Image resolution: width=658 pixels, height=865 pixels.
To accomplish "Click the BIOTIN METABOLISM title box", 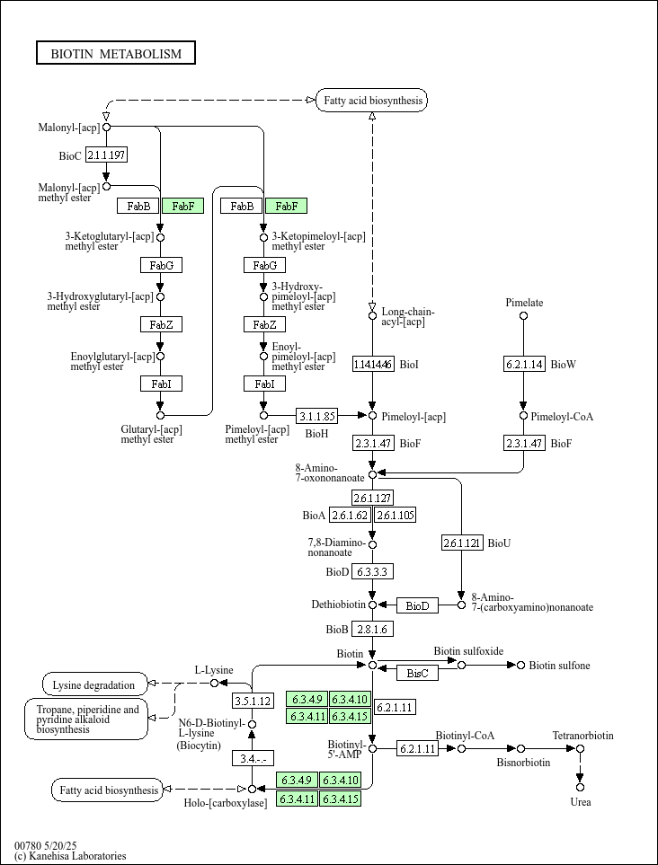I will click(x=116, y=54).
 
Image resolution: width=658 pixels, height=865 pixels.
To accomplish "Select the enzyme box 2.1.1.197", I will click(x=106, y=155).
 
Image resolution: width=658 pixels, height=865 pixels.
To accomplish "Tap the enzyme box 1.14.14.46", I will click(x=373, y=364).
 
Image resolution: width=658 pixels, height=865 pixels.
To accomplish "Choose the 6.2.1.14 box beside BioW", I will click(x=524, y=364).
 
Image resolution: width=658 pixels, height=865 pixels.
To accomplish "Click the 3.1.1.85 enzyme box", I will click(x=317, y=416).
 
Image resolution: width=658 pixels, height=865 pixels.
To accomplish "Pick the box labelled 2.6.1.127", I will click(x=373, y=498).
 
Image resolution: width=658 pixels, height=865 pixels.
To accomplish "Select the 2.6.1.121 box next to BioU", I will click(x=462, y=543).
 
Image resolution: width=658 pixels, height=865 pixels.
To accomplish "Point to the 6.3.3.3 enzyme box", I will click(x=373, y=571).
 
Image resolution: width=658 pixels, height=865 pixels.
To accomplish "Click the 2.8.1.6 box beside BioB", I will click(x=373, y=629).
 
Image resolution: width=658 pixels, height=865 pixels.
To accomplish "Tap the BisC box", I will click(x=417, y=672).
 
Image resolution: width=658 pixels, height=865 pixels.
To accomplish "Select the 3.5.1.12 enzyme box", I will click(x=253, y=701).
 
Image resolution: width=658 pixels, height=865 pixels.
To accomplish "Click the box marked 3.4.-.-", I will click(x=253, y=758).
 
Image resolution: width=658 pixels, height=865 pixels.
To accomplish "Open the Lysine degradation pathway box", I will click(x=94, y=684).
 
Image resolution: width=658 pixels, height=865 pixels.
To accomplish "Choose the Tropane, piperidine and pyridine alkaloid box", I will click(x=86, y=719).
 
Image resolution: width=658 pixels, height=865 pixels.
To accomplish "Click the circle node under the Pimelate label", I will click(x=524, y=316).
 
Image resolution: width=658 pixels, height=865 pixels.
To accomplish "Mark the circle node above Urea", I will click(x=581, y=787).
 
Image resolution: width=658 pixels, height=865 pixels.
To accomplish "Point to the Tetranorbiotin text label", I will click(x=582, y=736).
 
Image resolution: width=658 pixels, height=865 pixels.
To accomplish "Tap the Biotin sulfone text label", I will click(x=559, y=666).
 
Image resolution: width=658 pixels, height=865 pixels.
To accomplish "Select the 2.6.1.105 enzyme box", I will click(x=395, y=515).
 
